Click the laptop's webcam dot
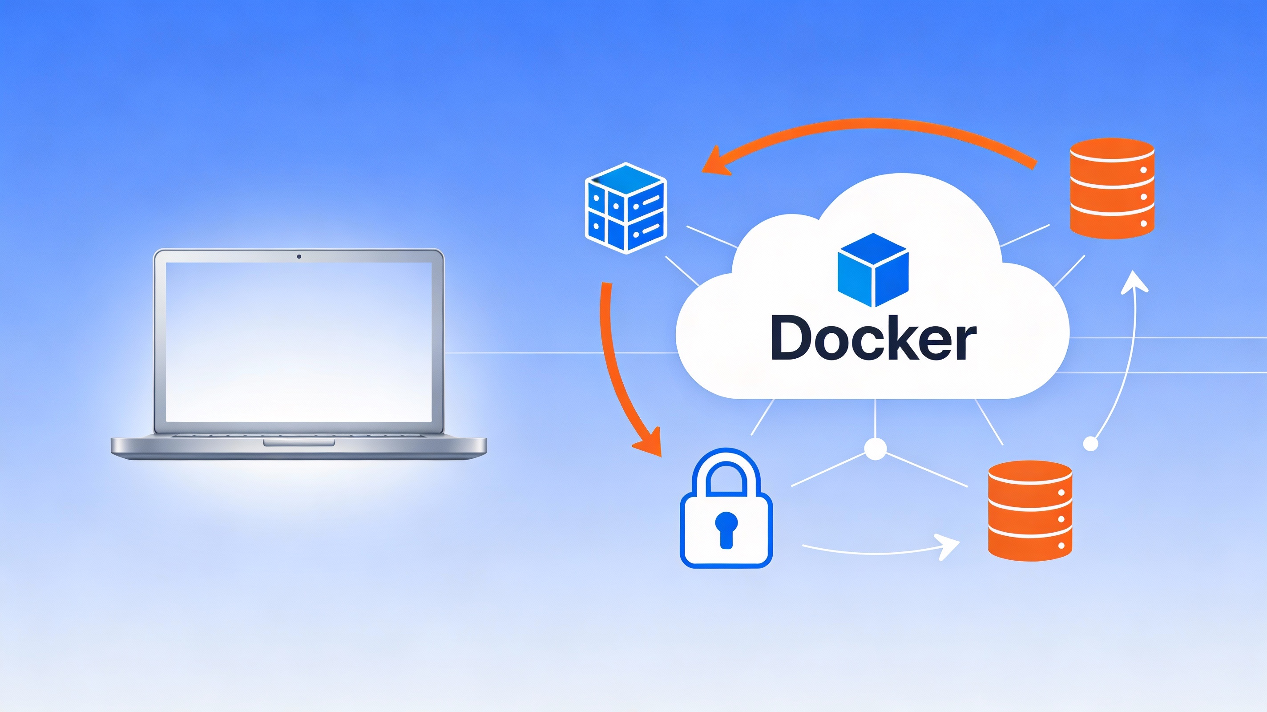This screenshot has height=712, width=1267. tap(299, 256)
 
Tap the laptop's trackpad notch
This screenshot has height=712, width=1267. tap(299, 443)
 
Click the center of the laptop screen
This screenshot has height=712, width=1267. tap(299, 342)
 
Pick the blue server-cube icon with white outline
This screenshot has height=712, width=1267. tap(625, 208)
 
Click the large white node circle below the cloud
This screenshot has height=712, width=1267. tap(876, 448)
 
